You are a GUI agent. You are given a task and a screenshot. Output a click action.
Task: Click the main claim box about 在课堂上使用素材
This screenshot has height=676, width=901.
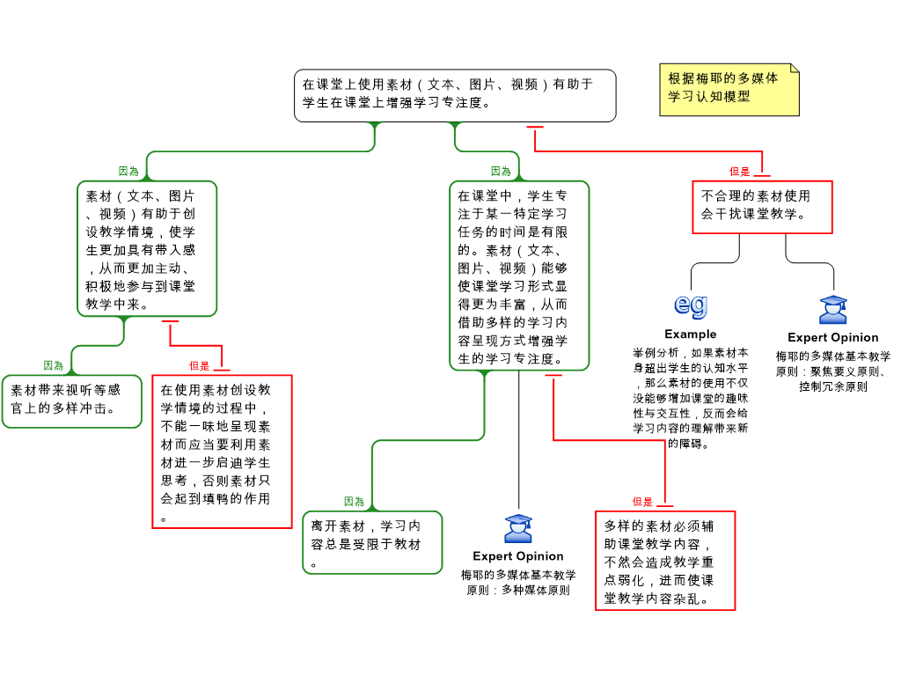pos(454,95)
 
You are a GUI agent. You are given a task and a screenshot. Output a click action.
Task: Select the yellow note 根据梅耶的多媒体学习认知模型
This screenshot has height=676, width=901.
pos(729,90)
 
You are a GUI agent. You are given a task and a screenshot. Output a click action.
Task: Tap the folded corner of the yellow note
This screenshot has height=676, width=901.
pos(794,69)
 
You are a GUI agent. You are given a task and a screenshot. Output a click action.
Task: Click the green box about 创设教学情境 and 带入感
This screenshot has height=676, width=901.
pos(147,248)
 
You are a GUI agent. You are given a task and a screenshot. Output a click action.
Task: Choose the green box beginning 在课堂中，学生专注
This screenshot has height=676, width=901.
pos(519,275)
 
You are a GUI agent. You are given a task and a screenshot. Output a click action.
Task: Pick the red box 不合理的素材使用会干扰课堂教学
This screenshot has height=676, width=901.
pos(761,207)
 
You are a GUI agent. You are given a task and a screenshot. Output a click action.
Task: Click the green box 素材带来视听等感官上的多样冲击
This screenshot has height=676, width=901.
pos(71,401)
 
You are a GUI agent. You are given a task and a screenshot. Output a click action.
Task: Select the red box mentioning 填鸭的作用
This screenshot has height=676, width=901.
pos(222,451)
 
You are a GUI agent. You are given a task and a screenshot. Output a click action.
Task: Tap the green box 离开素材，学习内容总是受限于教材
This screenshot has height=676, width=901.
pos(372,542)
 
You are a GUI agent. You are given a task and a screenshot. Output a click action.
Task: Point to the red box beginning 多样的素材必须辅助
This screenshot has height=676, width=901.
pos(665,560)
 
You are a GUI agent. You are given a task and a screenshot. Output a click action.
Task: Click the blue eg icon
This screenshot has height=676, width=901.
pos(691,304)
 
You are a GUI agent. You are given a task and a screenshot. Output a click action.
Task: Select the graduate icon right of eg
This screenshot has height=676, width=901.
pos(832,310)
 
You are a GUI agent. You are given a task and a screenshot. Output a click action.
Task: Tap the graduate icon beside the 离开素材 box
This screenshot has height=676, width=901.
pos(518,528)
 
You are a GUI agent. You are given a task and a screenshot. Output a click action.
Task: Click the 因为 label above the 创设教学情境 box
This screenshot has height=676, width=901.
pos(128,172)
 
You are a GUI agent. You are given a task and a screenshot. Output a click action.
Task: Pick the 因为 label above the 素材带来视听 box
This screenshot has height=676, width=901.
pos(54,365)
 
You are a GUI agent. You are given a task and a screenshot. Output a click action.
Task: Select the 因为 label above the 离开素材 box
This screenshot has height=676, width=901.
pos(354,502)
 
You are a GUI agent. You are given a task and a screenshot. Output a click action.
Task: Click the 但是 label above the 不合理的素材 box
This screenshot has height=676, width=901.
pos(740,172)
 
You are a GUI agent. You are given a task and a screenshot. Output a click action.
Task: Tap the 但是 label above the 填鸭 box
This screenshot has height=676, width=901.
pos(200,365)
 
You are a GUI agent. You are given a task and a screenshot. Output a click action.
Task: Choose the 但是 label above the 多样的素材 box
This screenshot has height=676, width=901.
pos(642,502)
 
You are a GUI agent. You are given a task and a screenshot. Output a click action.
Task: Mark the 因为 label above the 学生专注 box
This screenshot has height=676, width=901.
pos(501,172)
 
